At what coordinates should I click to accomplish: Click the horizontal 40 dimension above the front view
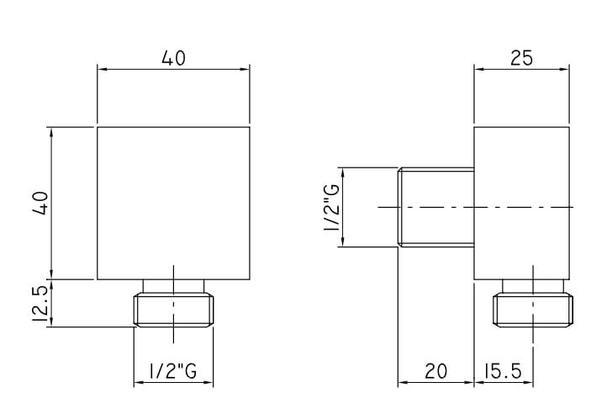(173, 59)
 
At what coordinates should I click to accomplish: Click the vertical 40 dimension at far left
(40, 203)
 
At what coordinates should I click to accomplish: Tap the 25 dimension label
(522, 59)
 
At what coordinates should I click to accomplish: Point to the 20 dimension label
(435, 371)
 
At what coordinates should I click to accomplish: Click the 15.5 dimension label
(503, 371)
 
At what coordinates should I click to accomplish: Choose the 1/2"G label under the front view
(173, 371)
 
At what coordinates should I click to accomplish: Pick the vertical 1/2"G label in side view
(332, 207)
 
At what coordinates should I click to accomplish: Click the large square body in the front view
(173, 203)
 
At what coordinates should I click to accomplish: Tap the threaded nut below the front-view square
(173, 310)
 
